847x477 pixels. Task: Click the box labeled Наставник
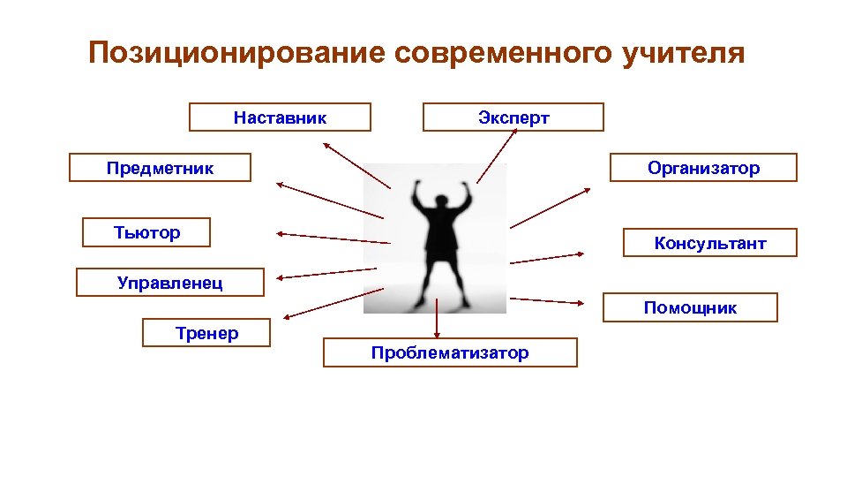pos(280,117)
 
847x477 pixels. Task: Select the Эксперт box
pos(513,117)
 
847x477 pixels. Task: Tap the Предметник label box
pos(160,168)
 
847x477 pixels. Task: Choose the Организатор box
pos(703,168)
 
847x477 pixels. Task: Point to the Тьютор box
pos(146,232)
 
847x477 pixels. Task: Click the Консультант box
pos(710,243)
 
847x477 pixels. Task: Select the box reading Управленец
pos(170,283)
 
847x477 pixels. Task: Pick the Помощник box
pos(690,307)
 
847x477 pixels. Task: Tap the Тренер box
pos(206,333)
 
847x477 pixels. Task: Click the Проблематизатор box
pos(450,352)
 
